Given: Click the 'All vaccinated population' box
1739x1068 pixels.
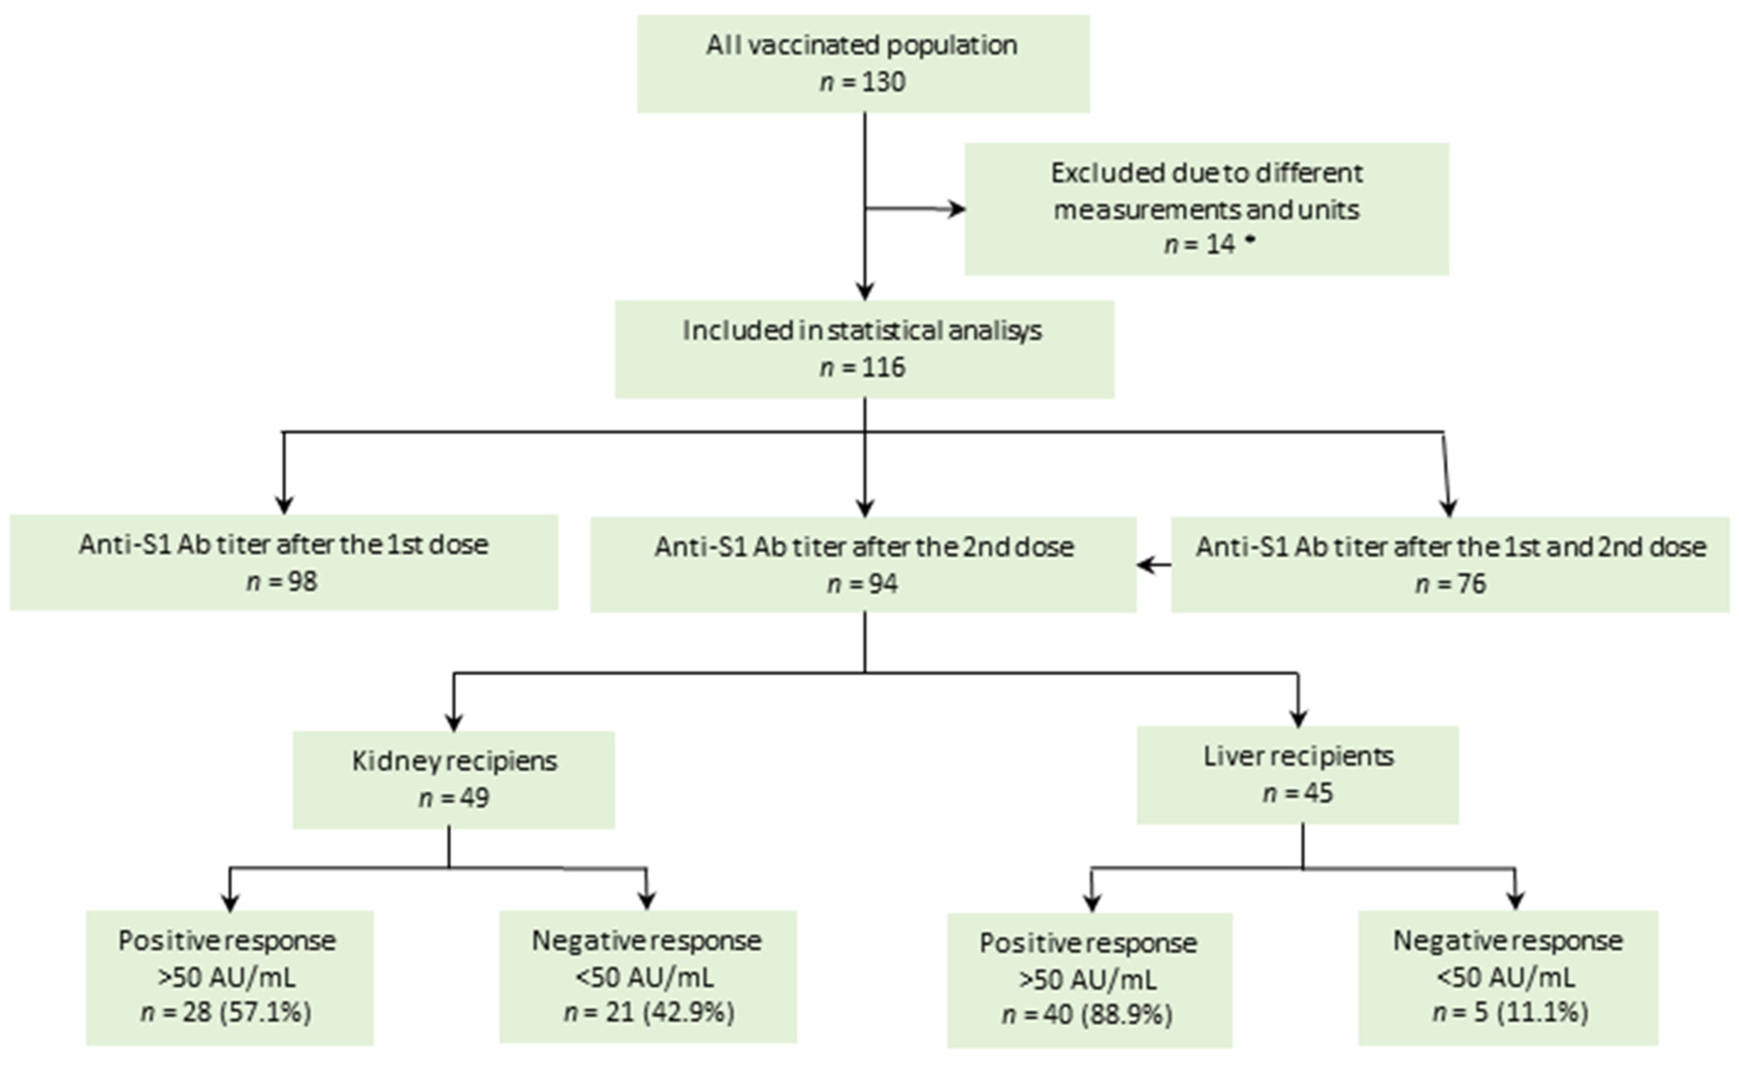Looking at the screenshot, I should coord(863,64).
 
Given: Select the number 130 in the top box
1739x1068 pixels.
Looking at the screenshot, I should coord(883,82).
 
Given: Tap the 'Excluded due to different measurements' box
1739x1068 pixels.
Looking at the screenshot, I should coord(1206,209).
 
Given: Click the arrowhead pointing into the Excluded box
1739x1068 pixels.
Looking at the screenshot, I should coord(957,209).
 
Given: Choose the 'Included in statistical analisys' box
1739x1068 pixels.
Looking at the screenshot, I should coord(863,349).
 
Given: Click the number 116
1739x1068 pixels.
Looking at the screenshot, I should coord(883,367).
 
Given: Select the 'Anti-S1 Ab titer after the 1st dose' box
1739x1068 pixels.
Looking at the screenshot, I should coord(283,562).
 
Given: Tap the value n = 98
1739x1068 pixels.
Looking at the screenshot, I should coord(282,581).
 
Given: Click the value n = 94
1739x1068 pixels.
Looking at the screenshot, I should coord(863,583).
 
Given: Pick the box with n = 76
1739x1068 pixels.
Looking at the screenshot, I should coord(1450,565).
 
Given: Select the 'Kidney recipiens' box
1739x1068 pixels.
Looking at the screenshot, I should coord(453,779).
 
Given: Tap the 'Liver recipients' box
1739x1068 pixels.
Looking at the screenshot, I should coord(1297,775).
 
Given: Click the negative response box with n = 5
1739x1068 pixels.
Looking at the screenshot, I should coord(1507,977).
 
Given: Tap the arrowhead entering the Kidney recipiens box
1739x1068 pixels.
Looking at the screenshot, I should coord(453,722).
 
